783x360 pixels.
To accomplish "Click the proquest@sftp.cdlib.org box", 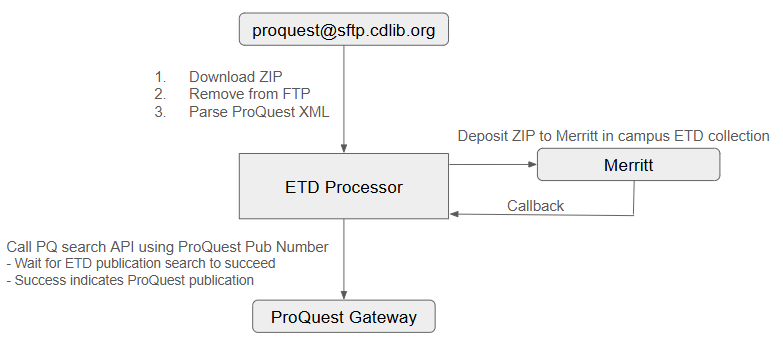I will click(x=343, y=29).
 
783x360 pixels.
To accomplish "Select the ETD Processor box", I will click(x=343, y=186).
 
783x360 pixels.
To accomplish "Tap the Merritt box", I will click(x=629, y=165).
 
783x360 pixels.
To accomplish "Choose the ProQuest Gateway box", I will click(x=343, y=318).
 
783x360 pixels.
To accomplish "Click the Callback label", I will click(x=535, y=206).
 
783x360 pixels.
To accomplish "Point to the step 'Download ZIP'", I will click(x=234, y=77).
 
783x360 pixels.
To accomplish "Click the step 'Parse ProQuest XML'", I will click(x=258, y=112).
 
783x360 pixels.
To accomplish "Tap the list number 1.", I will click(x=159, y=77).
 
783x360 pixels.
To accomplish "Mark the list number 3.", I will click(x=159, y=112).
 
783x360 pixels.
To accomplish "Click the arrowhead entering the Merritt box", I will click(x=532, y=165).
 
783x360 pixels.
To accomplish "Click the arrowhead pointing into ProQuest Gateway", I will click(x=343, y=296).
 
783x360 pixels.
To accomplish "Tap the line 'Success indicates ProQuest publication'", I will click(x=130, y=280).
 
